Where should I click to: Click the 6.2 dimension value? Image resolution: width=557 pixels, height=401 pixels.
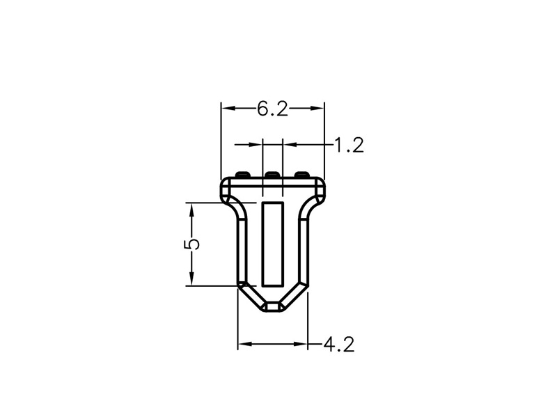point(272,109)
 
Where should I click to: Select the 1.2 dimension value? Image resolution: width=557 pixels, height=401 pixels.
point(350,146)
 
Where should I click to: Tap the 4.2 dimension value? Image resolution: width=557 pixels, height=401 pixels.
point(339,345)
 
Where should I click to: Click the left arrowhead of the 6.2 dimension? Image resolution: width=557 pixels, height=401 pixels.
point(229,108)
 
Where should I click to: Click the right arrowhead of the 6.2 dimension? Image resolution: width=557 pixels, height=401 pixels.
point(317,108)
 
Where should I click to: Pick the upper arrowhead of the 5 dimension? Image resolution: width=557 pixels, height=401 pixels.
point(192,211)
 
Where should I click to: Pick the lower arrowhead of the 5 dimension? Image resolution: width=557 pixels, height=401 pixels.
point(192,278)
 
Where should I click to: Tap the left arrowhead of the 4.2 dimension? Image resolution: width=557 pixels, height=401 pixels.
point(246,344)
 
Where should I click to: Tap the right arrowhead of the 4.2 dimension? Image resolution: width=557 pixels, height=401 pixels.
point(300,344)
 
